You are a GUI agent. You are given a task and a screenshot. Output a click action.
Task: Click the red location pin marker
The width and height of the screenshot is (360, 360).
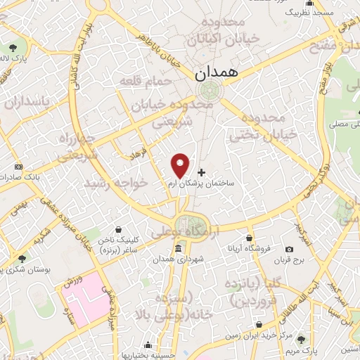point(181,165)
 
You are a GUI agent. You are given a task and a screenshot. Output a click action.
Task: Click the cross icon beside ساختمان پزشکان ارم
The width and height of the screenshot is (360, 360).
point(202,172)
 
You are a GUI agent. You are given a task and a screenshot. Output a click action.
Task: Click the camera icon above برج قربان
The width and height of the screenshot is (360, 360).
point(289,249)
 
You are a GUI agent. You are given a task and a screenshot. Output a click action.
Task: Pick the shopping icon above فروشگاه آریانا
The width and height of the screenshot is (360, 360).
point(250,238)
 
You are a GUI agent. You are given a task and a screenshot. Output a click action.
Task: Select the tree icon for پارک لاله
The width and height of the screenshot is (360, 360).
point(14,48)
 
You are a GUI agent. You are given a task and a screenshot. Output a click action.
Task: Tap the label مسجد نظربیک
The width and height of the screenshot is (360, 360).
point(307,13)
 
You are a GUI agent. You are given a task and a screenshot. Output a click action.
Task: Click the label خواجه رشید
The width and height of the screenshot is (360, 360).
point(116,182)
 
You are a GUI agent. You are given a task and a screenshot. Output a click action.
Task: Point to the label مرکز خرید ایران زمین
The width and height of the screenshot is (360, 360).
point(259,337)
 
